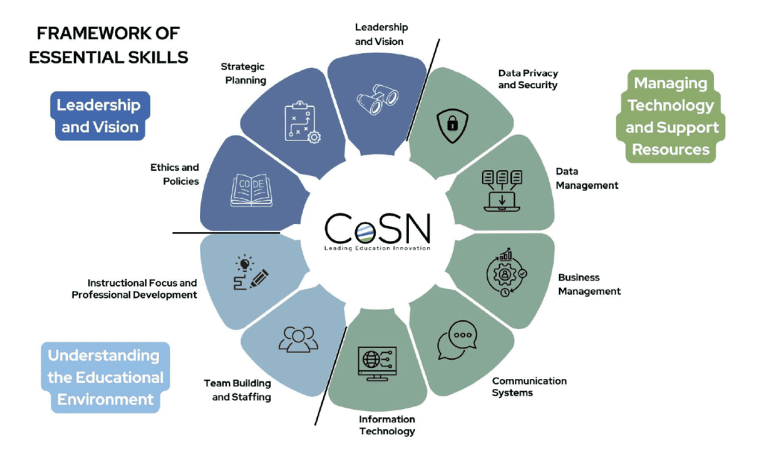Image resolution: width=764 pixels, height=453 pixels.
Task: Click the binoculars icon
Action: pyautogui.click(x=377, y=99)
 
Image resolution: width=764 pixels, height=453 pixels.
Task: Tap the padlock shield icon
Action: pyautogui.click(x=453, y=125)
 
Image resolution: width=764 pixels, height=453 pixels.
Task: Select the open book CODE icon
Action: pyautogui.click(x=251, y=190)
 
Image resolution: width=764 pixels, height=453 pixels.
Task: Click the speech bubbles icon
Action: pyautogui.click(x=457, y=340)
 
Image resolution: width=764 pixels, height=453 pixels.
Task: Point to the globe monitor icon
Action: pyautogui.click(x=377, y=363)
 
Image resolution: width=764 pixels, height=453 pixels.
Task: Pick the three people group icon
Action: pyautogui.click(x=298, y=339)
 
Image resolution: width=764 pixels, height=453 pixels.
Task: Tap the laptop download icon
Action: pyautogui.click(x=502, y=190)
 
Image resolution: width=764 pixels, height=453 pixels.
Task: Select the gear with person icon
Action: pyautogui.click(x=507, y=272)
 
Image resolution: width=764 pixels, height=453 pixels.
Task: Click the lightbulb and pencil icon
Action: pyautogui.click(x=251, y=272)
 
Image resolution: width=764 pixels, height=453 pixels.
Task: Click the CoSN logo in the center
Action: pyautogui.click(x=378, y=231)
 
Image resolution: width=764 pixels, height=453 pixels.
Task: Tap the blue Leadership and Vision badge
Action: pyautogui.click(x=100, y=116)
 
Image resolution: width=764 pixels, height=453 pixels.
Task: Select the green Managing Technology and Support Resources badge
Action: pyautogui.click(x=671, y=116)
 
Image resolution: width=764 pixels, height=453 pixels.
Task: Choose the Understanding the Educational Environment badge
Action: pyautogui.click(x=105, y=378)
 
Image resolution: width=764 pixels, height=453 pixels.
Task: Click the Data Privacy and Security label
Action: pyautogui.click(x=527, y=79)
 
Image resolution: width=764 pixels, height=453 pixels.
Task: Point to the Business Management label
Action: pyautogui.click(x=589, y=284)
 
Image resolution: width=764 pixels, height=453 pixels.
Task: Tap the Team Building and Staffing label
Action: pyautogui.click(x=237, y=390)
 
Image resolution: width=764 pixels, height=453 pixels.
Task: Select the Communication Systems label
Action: pyautogui.click(x=529, y=387)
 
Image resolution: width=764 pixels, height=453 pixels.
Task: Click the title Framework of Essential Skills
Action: pyautogui.click(x=108, y=46)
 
